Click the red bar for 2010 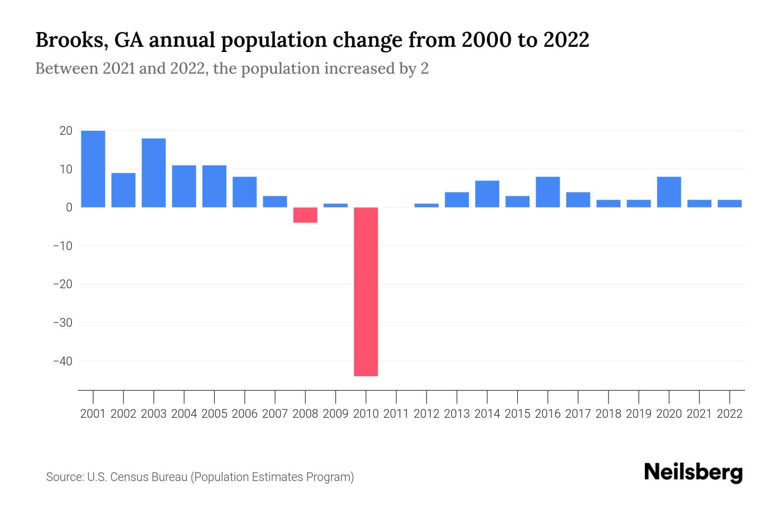point(366,291)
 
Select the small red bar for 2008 point(305,215)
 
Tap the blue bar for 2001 point(93,169)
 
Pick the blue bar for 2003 point(154,173)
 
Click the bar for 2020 point(669,192)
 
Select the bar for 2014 point(487,194)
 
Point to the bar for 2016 point(548,192)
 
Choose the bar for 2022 point(730,204)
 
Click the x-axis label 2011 point(396,414)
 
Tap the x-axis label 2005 point(214,414)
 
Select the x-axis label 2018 point(608,414)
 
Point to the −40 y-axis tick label point(62,361)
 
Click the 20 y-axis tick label point(66,130)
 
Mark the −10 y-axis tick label point(62,246)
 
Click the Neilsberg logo point(693,472)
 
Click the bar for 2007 point(275,201)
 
